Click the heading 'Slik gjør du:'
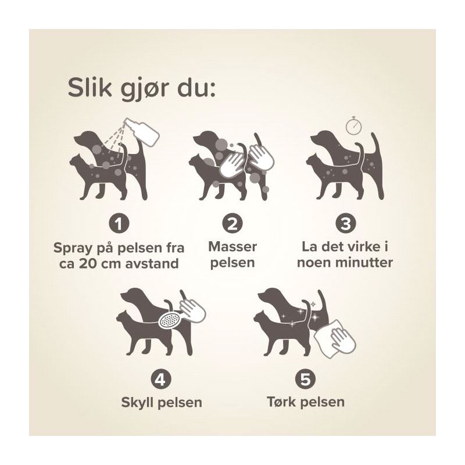point(141,88)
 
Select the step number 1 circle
point(119,224)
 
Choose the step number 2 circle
point(232,224)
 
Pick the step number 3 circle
point(345,224)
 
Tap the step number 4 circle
point(161,380)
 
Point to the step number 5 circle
point(306,380)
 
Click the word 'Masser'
point(233,246)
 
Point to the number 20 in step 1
point(88,264)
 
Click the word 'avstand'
point(152,264)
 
